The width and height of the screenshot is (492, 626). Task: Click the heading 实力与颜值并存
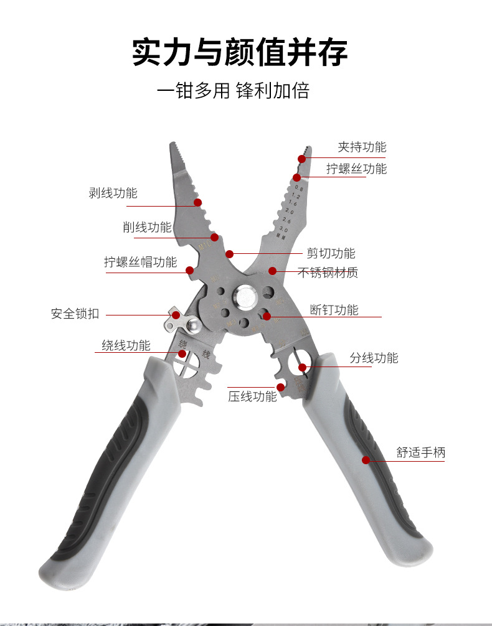[x=240, y=52]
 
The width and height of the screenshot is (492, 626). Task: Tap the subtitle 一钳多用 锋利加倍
[x=233, y=91]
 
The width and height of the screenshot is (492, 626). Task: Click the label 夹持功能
[x=362, y=147]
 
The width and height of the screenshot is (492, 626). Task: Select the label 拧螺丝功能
[x=357, y=169]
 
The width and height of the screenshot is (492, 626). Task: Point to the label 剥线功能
[x=113, y=193]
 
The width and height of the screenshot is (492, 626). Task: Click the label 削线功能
[x=147, y=227]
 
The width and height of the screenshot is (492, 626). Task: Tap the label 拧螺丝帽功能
[x=140, y=262]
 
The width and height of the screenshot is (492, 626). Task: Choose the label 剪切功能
[x=331, y=253]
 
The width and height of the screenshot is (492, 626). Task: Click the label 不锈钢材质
[x=328, y=273]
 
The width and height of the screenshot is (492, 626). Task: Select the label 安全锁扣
[x=75, y=314]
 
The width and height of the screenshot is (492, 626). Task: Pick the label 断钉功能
[x=334, y=309]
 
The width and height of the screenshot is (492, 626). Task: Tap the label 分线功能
[x=374, y=358]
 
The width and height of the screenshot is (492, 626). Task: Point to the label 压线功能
[x=252, y=396]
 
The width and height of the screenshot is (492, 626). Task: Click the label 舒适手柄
[x=422, y=452]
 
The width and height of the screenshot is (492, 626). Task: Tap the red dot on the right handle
[x=366, y=460]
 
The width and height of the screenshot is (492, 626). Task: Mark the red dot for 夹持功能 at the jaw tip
[x=302, y=159]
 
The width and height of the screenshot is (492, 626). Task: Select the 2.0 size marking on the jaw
[x=289, y=212]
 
